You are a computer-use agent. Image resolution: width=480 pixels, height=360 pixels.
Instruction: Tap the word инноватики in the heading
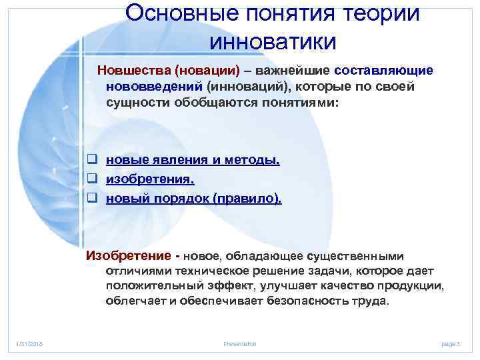(x=273, y=41)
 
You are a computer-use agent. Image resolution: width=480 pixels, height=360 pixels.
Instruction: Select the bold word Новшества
(x=130, y=71)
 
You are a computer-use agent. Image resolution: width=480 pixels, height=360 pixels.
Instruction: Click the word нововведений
(x=154, y=87)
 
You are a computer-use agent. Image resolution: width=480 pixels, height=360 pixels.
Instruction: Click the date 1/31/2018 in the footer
(x=29, y=343)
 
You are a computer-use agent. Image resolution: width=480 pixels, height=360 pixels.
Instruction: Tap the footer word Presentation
(x=240, y=343)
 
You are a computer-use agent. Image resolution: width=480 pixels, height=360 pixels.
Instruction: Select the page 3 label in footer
(x=451, y=343)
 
